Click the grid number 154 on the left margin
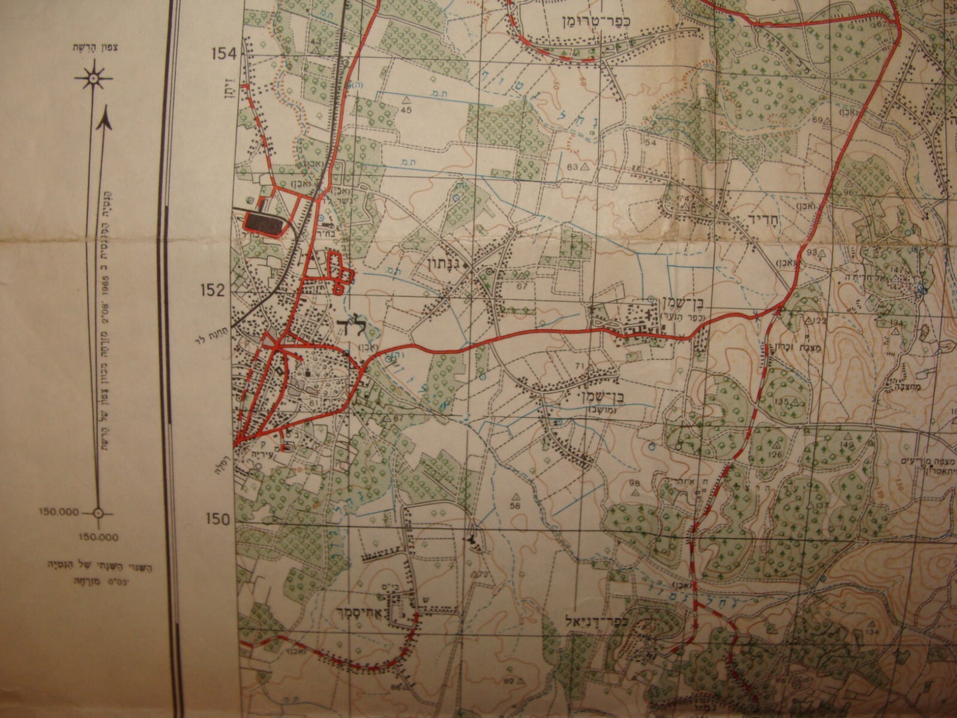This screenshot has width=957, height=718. click(x=223, y=54)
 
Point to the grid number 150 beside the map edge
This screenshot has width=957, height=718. click(x=223, y=519)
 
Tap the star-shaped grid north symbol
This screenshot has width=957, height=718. click(x=93, y=79)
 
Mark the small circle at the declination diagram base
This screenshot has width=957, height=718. click(x=98, y=512)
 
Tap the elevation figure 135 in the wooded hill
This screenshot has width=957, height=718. click(x=783, y=402)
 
